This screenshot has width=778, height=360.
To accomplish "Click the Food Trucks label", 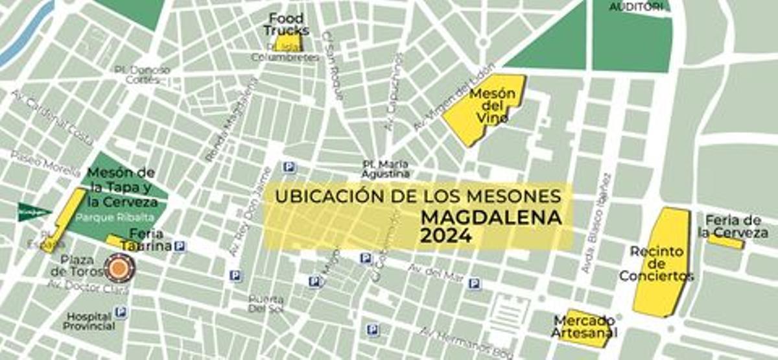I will pyautogui.click(x=285, y=24).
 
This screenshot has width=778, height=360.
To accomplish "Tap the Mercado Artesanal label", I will pyautogui.click(x=585, y=327).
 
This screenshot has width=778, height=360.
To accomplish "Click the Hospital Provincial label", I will pyautogui.click(x=89, y=321).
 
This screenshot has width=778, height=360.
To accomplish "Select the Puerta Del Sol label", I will pyautogui.click(x=266, y=304).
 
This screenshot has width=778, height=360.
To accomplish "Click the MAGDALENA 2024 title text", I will pyautogui.click(x=491, y=226).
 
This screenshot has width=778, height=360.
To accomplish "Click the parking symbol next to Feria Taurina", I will pyautogui.click(x=181, y=246).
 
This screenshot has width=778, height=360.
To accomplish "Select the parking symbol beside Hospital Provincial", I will pyautogui.click(x=121, y=312).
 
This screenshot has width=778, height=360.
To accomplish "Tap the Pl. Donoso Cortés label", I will pyautogui.click(x=141, y=75).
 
